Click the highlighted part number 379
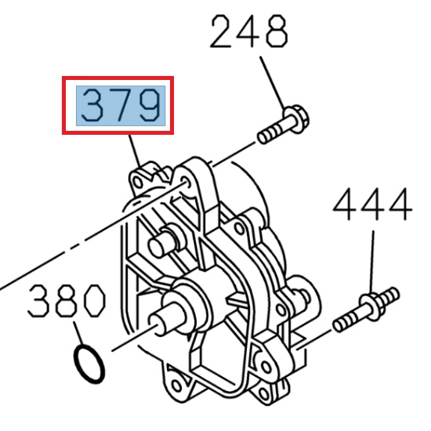(118, 106)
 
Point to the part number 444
(371, 206)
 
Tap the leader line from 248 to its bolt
(271, 83)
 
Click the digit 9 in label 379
(150, 106)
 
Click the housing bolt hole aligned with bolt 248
(187, 182)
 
